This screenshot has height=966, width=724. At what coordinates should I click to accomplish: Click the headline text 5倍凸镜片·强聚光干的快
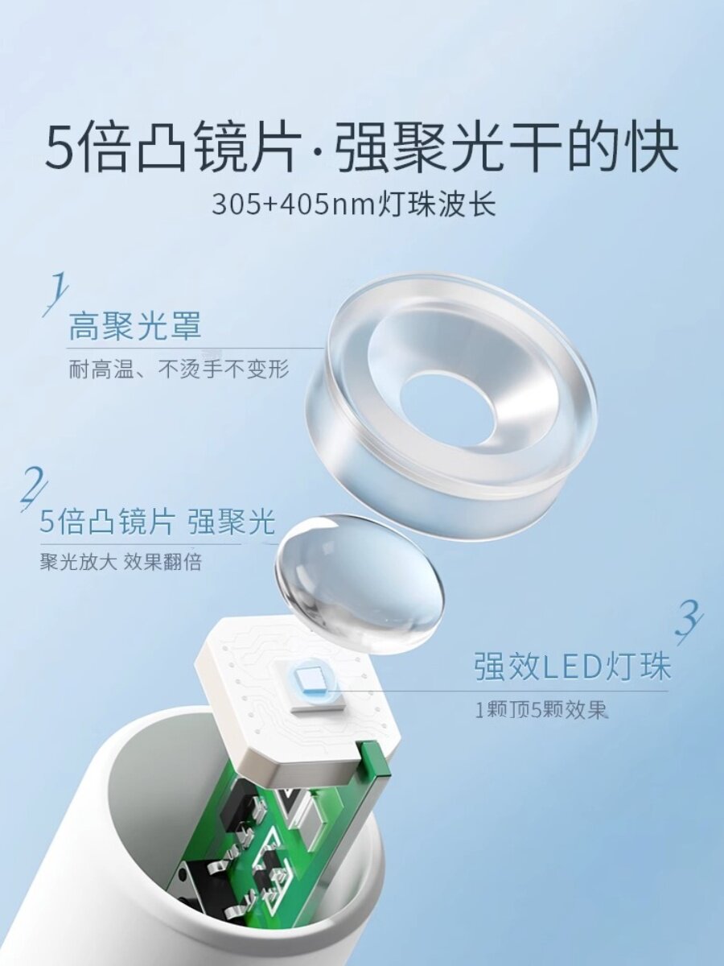tap(362, 147)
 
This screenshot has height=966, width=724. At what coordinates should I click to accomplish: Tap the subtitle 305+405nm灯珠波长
tap(354, 204)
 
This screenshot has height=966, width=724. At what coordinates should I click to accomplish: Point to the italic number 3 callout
tap(688, 621)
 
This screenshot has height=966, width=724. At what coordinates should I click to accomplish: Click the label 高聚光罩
tap(134, 327)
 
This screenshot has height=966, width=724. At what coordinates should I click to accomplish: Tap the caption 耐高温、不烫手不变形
tap(178, 370)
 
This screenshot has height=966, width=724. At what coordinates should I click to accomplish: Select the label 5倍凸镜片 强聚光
tap(158, 523)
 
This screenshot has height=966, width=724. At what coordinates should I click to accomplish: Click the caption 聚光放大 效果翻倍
tap(121, 562)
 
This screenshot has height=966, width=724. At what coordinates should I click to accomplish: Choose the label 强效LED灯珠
tap(572, 668)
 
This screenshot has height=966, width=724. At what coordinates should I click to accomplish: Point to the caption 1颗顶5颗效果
tap(540, 711)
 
